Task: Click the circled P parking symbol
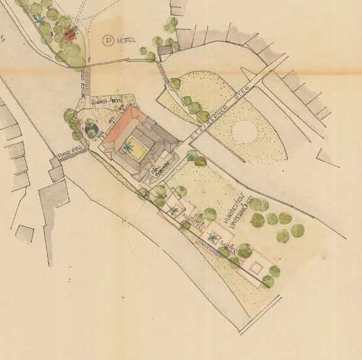tap(110, 41)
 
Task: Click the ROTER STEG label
tap(67, 151)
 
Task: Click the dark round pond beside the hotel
tap(92, 130)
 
